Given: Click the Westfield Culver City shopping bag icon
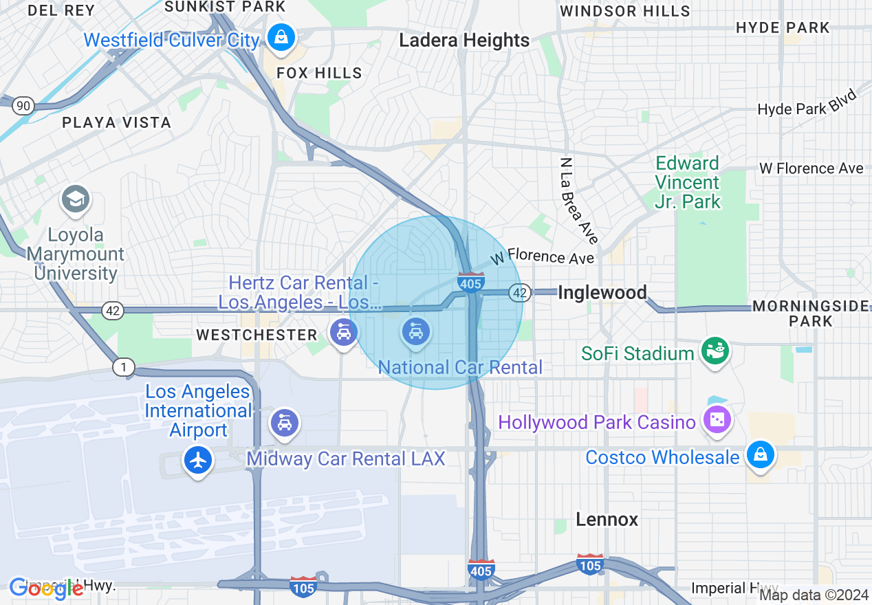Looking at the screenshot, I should pos(281,36).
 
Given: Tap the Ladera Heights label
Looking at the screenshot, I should pos(464,41).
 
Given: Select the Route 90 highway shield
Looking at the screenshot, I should pos(23,105).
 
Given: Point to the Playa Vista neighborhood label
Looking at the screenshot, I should pos(116,122).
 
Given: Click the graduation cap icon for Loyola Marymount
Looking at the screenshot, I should pos(75,200).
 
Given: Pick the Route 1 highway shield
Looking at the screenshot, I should pos(123,368).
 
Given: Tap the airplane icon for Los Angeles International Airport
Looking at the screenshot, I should pos(199,460).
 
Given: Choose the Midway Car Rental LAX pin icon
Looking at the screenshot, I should pos(284,421).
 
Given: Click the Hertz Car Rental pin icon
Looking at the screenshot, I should pos(343,333).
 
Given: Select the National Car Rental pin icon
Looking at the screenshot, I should pos(415,333).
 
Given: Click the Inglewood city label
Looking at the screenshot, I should pos(602,293).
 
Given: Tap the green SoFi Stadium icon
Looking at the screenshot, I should pos(715,351).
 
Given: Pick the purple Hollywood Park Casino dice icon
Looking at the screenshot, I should pos(717,419).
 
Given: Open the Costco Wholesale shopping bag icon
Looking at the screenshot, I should pos(760,455).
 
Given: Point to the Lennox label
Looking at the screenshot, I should pos(607,519).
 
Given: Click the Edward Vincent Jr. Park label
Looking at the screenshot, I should pos(687,182).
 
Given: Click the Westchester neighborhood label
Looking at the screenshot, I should pos(257,335).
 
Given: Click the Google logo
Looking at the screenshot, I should pos(46,588).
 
